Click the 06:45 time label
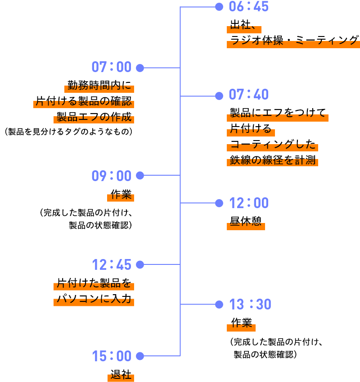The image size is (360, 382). [248, 6]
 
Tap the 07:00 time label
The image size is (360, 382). [112, 67]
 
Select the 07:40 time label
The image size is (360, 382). [248, 94]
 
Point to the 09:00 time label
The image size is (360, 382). [112, 176]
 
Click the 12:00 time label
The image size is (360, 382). [249, 203]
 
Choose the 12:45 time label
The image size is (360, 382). [112, 265]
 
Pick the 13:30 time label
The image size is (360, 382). [250, 304]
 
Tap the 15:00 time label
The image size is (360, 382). [112, 356]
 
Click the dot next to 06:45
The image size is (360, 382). [219, 7]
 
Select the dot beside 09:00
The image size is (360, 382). [140, 175]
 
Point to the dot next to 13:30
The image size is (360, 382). [219, 305]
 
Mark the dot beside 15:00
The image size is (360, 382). [140, 356]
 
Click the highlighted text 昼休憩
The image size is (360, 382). [246, 221]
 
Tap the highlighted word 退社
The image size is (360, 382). [121, 374]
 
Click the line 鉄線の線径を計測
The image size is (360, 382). [272, 160]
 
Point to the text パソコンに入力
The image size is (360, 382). [94, 299]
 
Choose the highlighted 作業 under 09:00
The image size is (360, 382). [121, 195]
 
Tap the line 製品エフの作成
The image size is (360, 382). [94, 117]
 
